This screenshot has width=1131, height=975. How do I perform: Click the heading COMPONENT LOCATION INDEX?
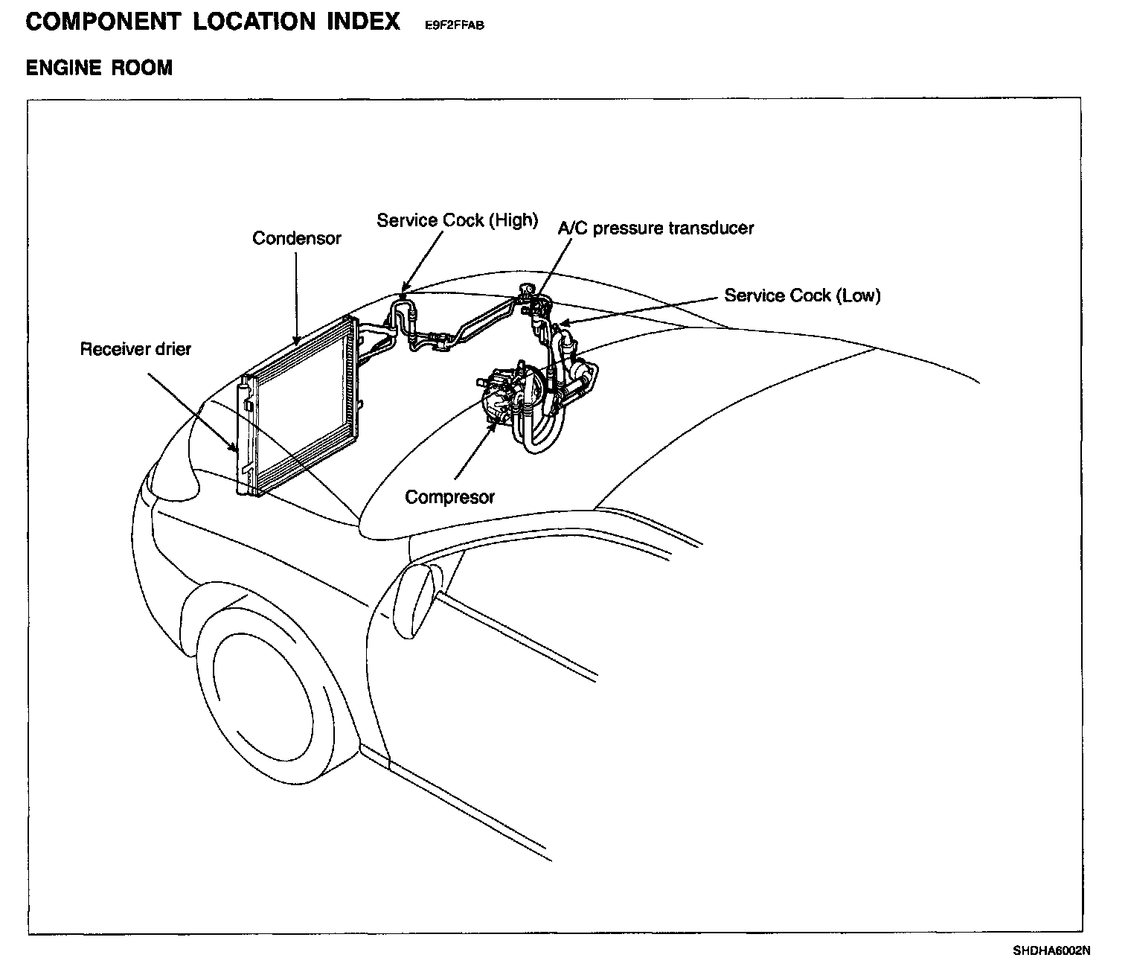pyautogui.click(x=213, y=21)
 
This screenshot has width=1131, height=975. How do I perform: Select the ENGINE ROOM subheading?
pyautogui.click(x=99, y=68)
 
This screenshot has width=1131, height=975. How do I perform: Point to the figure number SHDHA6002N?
pyautogui.click(x=1051, y=950)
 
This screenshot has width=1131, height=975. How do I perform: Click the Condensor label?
pyautogui.click(x=296, y=238)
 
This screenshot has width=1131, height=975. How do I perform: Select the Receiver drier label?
pyautogui.click(x=135, y=349)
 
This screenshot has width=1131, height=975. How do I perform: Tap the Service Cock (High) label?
pyautogui.click(x=457, y=220)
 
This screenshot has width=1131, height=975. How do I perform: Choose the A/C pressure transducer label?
pyautogui.click(x=656, y=228)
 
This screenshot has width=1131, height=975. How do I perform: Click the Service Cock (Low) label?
pyautogui.click(x=802, y=295)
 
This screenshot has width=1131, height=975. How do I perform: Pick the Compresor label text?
pyautogui.click(x=449, y=497)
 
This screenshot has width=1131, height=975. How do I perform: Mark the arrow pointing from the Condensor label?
pyautogui.click(x=296, y=298)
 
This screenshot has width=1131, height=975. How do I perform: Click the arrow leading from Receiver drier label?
pyautogui.click(x=193, y=413)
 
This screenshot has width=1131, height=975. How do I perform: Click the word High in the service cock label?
pyautogui.click(x=513, y=220)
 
